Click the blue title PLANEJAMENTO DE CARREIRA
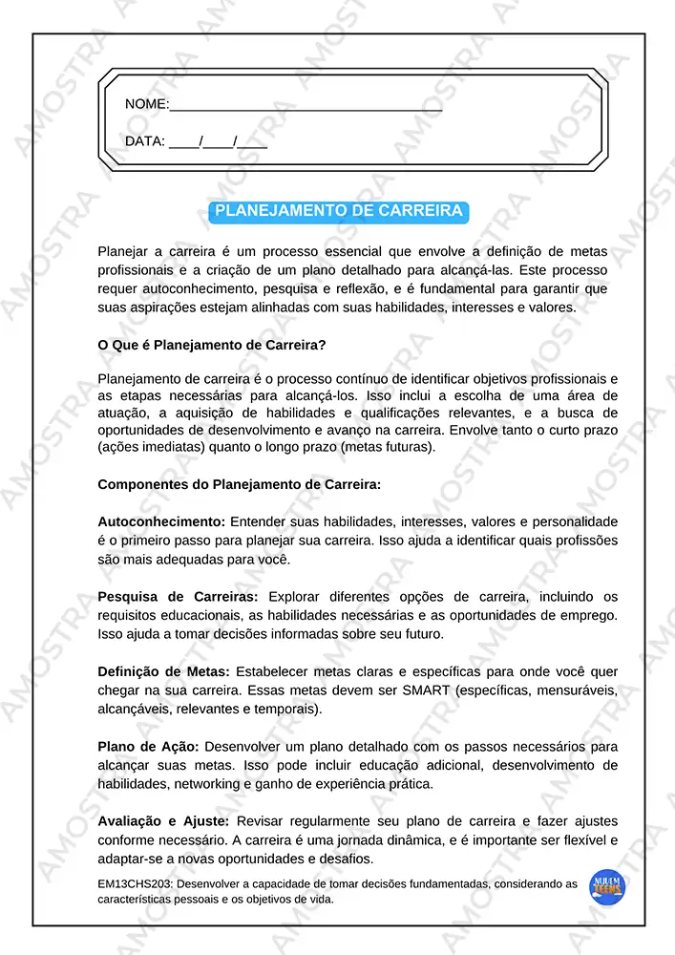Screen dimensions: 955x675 339,211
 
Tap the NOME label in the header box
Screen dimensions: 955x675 146,104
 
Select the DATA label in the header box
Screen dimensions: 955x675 144,141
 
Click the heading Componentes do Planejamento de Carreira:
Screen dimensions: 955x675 239,484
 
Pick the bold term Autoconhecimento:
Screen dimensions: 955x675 161,521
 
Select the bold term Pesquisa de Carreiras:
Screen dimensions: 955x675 178,596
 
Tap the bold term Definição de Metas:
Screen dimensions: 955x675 163,671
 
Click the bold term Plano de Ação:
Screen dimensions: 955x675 148,746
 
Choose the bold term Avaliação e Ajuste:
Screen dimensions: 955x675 163,820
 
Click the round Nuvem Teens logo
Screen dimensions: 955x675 608,887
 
